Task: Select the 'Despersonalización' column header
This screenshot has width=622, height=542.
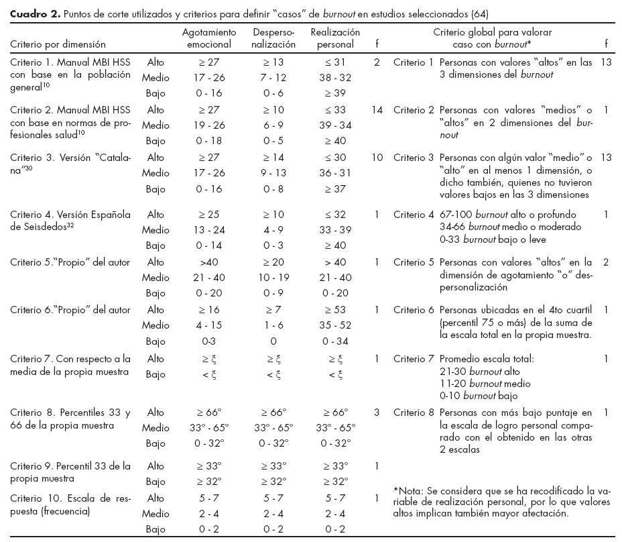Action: (274, 38)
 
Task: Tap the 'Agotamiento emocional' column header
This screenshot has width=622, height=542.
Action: (209, 38)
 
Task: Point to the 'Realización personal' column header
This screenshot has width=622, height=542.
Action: (336, 38)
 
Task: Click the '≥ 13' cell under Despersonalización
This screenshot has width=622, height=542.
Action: (274, 62)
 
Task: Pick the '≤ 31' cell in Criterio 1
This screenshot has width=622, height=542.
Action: (336, 62)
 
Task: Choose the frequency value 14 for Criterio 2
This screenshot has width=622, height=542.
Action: (377, 110)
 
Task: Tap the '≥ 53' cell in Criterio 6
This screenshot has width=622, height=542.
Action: (336, 309)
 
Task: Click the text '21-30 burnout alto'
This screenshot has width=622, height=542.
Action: (482, 371)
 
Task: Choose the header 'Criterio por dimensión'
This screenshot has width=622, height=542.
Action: (58, 44)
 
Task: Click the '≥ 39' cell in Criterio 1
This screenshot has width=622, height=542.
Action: (336, 94)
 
